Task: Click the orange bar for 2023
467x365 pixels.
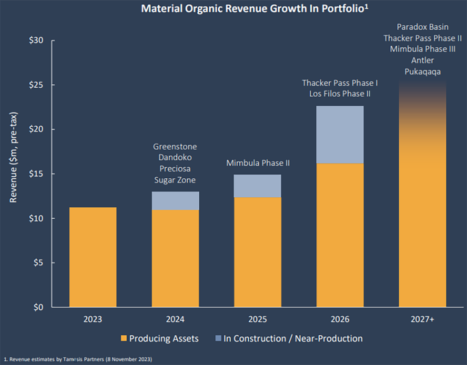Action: pos(92,257)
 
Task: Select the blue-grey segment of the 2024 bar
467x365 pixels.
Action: pos(175,201)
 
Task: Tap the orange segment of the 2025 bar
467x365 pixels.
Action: pos(257,252)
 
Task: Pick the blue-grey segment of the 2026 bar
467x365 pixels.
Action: pos(340,135)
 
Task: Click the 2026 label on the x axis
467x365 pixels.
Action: pos(340,319)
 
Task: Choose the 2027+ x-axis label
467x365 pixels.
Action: pos(422,319)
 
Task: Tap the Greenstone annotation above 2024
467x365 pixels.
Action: pos(175,147)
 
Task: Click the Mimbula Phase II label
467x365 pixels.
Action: pos(258,163)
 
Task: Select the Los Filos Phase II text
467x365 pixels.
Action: pos(340,94)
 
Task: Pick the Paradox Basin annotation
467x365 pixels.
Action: pos(423,27)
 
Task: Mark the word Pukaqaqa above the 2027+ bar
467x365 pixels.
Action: pos(423,71)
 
